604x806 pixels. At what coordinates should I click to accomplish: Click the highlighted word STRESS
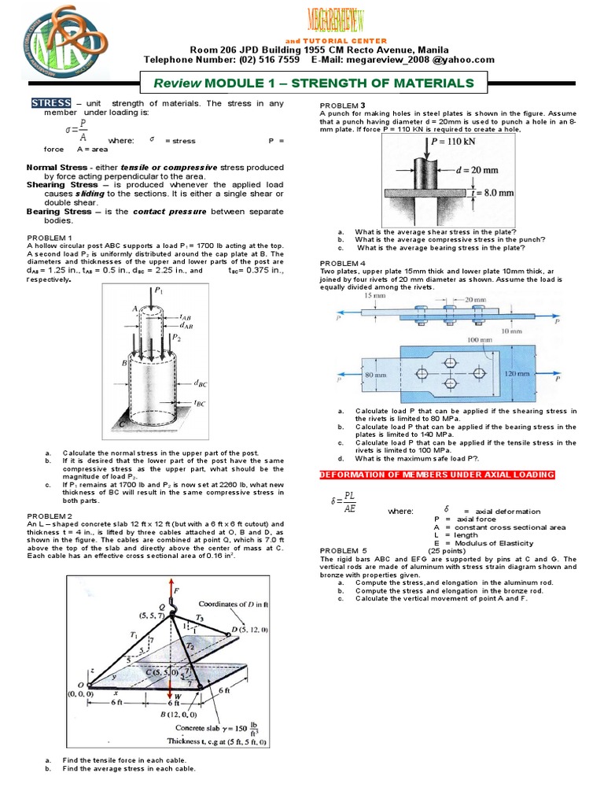[x=51, y=104]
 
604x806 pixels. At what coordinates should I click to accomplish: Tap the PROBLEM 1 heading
[x=50, y=238]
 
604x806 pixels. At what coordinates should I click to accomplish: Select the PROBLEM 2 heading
[x=50, y=516]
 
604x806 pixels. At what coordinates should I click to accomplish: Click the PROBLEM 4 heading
[x=342, y=262]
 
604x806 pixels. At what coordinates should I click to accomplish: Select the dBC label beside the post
[x=206, y=385]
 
